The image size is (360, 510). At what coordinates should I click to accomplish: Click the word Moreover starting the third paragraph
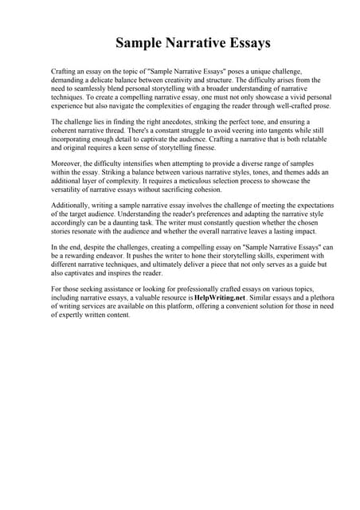click(67, 162)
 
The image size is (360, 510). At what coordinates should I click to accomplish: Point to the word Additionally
click(71, 205)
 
